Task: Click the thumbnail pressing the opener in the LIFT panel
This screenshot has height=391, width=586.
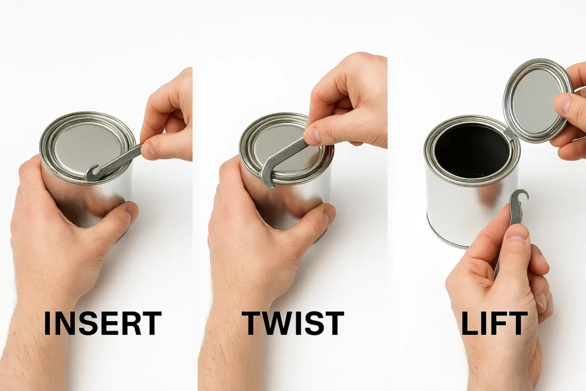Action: click(x=518, y=232)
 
